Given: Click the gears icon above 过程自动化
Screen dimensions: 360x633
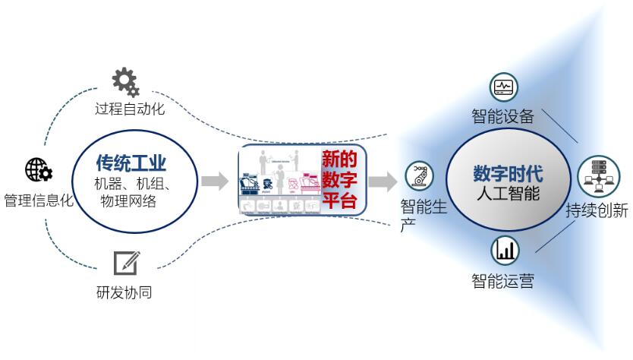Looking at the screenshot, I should click(x=125, y=81).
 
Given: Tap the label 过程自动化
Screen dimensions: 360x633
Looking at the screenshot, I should click(x=130, y=109).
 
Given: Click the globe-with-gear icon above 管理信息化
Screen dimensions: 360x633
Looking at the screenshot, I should click(x=38, y=170).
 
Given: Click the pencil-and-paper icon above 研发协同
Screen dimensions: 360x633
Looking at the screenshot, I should click(x=126, y=263).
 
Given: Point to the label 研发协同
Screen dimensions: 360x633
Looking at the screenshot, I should click(x=124, y=292).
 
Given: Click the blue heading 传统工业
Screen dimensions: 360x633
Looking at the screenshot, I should click(x=131, y=163).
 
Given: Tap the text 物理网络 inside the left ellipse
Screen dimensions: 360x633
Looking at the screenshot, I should click(x=128, y=201).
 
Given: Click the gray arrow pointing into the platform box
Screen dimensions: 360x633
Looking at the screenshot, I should click(x=215, y=181).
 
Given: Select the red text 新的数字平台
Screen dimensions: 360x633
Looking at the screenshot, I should click(x=341, y=180).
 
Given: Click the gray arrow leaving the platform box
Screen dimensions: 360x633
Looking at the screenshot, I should click(x=383, y=181).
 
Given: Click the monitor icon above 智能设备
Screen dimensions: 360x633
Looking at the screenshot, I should click(x=503, y=87).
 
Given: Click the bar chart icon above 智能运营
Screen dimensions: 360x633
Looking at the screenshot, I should click(x=505, y=250).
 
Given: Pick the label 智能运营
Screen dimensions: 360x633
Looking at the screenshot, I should click(x=502, y=281).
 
